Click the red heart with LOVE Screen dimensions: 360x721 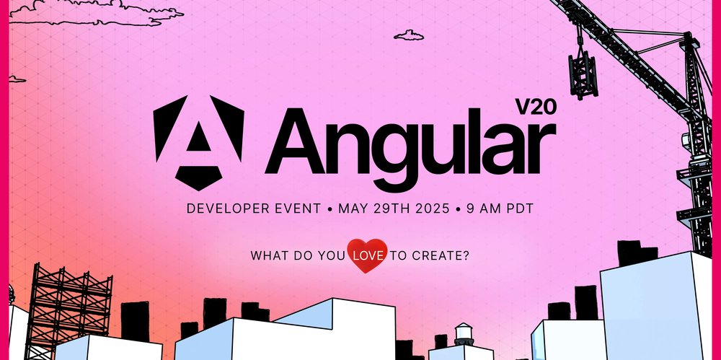367,255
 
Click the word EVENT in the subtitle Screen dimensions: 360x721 297,208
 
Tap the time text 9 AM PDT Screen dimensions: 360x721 502,208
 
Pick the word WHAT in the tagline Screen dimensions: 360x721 267,255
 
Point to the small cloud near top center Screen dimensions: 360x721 409,35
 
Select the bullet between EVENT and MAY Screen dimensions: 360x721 329,208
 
